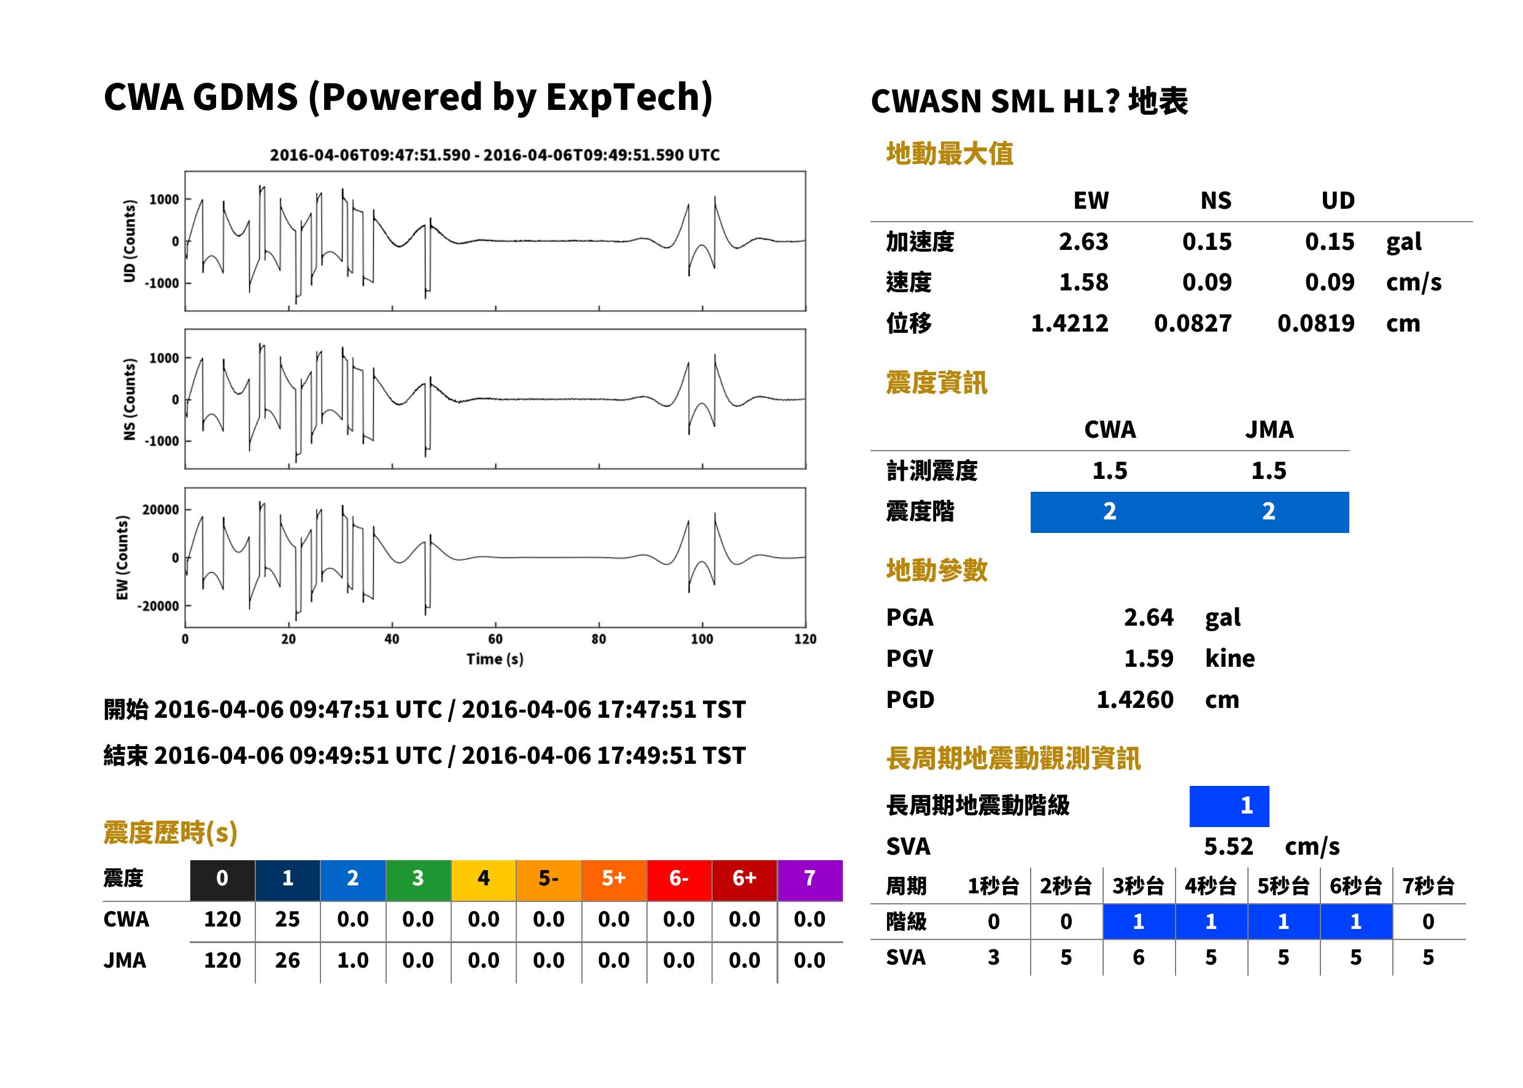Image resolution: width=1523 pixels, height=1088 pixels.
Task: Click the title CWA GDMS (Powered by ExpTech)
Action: [408, 98]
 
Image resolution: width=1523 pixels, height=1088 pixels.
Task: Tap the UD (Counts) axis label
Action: [130, 241]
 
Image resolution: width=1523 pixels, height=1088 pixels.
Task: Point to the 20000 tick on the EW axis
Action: [161, 510]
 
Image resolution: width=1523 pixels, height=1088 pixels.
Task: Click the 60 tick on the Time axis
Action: [495, 639]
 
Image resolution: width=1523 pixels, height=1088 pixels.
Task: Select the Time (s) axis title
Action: [495, 659]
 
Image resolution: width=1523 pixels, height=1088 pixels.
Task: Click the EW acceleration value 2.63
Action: [1083, 242]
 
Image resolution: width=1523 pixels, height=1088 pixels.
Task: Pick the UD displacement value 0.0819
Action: [1316, 324]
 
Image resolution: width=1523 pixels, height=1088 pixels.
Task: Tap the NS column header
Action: [1215, 201]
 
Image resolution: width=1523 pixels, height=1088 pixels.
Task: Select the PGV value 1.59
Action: [1149, 659]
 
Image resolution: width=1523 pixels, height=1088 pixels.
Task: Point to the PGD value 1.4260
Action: [1134, 700]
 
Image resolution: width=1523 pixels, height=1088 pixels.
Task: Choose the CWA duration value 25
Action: [287, 920]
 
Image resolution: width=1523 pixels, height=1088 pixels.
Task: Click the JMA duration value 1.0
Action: [353, 961]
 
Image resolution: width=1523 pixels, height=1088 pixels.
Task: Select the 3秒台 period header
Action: [1139, 887]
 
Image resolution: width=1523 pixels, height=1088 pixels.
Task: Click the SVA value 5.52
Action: [1228, 847]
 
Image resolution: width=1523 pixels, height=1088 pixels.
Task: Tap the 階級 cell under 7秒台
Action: [1428, 922]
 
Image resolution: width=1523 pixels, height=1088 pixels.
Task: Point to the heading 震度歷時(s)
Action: [171, 833]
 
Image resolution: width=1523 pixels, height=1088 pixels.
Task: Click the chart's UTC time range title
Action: [495, 155]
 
